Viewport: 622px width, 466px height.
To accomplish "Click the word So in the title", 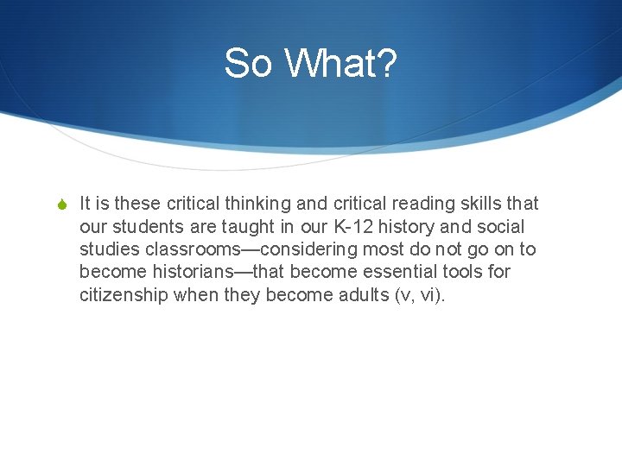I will pyautogui.click(x=249, y=63).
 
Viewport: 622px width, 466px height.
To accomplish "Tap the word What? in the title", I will pyautogui.click(x=340, y=63).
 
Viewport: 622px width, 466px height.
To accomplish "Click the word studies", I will pyautogui.click(x=107, y=249).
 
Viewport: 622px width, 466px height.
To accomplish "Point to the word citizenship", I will pyautogui.click(x=124, y=294).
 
